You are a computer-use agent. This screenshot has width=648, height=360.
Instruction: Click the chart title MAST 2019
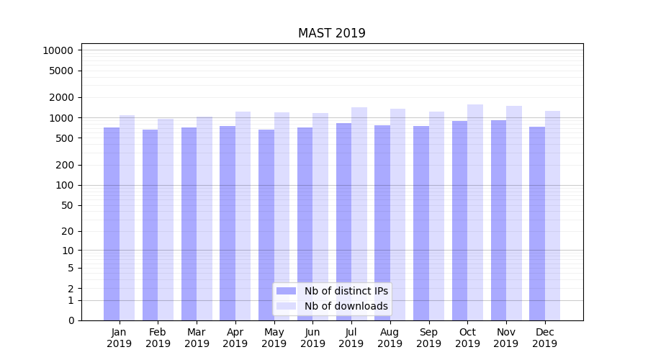pos(332,34)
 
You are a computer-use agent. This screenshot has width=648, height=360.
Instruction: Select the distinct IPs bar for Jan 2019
pos(112,223)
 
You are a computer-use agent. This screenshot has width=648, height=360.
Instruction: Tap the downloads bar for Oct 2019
pos(475,212)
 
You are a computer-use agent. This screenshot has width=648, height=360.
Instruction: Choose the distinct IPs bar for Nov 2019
pos(498,220)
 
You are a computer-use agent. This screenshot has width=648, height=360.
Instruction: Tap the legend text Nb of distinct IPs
pos(346,291)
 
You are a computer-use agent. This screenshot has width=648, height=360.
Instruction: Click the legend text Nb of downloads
pos(346,306)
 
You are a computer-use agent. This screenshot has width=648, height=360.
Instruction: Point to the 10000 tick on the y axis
pos(58,50)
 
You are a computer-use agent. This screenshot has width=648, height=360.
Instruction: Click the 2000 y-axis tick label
pos(61,97)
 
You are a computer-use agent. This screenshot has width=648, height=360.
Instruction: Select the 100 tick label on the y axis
pos(64,185)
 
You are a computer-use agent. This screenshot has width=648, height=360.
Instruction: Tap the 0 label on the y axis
pos(71,320)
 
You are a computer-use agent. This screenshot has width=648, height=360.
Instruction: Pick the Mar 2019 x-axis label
pos(197,338)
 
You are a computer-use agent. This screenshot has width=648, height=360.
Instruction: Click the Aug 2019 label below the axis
pos(390,338)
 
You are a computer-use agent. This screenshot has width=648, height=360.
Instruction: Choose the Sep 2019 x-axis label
pos(428,338)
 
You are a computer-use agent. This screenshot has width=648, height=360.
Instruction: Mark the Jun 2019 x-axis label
pos(312,338)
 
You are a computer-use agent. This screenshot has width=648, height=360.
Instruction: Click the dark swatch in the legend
pos(287,291)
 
